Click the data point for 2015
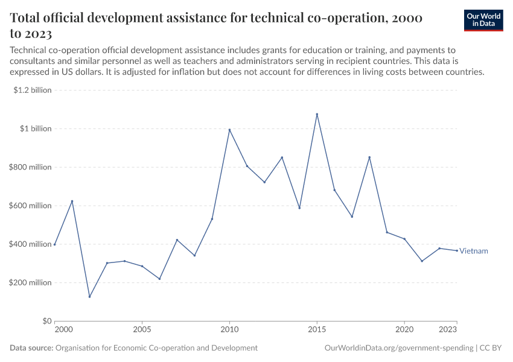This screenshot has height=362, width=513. point(317,114)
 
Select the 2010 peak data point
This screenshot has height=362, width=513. point(229,130)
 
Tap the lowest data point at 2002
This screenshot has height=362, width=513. point(89,297)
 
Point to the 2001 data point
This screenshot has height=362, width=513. point(72,201)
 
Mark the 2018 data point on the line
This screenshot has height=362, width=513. point(369,157)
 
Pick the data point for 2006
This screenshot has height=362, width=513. point(159,279)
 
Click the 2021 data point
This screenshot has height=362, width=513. point(422,261)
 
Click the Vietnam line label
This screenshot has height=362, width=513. point(474,251)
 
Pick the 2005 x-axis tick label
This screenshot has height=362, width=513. point(142,330)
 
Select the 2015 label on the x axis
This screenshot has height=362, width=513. point(317,330)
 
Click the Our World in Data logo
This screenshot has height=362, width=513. point(483,20)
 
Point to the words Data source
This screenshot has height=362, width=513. point(31,348)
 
